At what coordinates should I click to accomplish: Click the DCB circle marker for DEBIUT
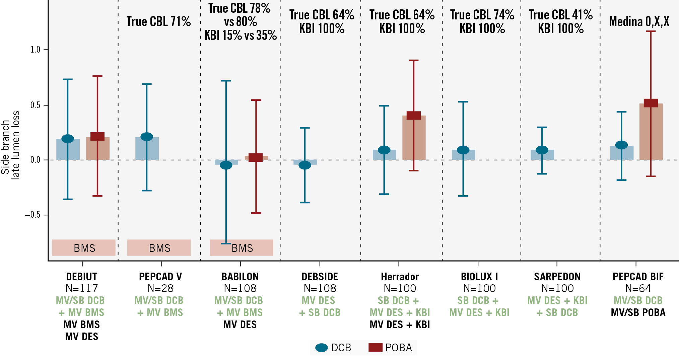[68, 139]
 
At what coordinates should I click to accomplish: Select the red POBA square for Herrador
[414, 116]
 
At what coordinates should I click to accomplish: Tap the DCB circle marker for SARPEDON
[542, 150]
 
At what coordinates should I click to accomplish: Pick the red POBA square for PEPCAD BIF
[651, 103]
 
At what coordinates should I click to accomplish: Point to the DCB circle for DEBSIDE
[305, 165]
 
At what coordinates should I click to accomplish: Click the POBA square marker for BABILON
[256, 157]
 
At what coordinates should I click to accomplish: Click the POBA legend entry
[391, 348]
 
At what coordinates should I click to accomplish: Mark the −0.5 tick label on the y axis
[32, 215]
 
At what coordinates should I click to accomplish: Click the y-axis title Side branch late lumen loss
[10, 146]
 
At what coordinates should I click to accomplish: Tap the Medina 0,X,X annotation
[639, 22]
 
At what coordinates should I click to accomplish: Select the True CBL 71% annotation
[159, 22]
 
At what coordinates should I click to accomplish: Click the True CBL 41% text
[561, 15]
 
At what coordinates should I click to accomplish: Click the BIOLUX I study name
[479, 277]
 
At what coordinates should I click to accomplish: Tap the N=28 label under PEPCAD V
[160, 288]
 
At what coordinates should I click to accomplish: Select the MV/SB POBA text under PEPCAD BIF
[638, 312]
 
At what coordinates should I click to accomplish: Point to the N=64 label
[638, 288]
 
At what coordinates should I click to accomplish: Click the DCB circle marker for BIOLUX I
[463, 150]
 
